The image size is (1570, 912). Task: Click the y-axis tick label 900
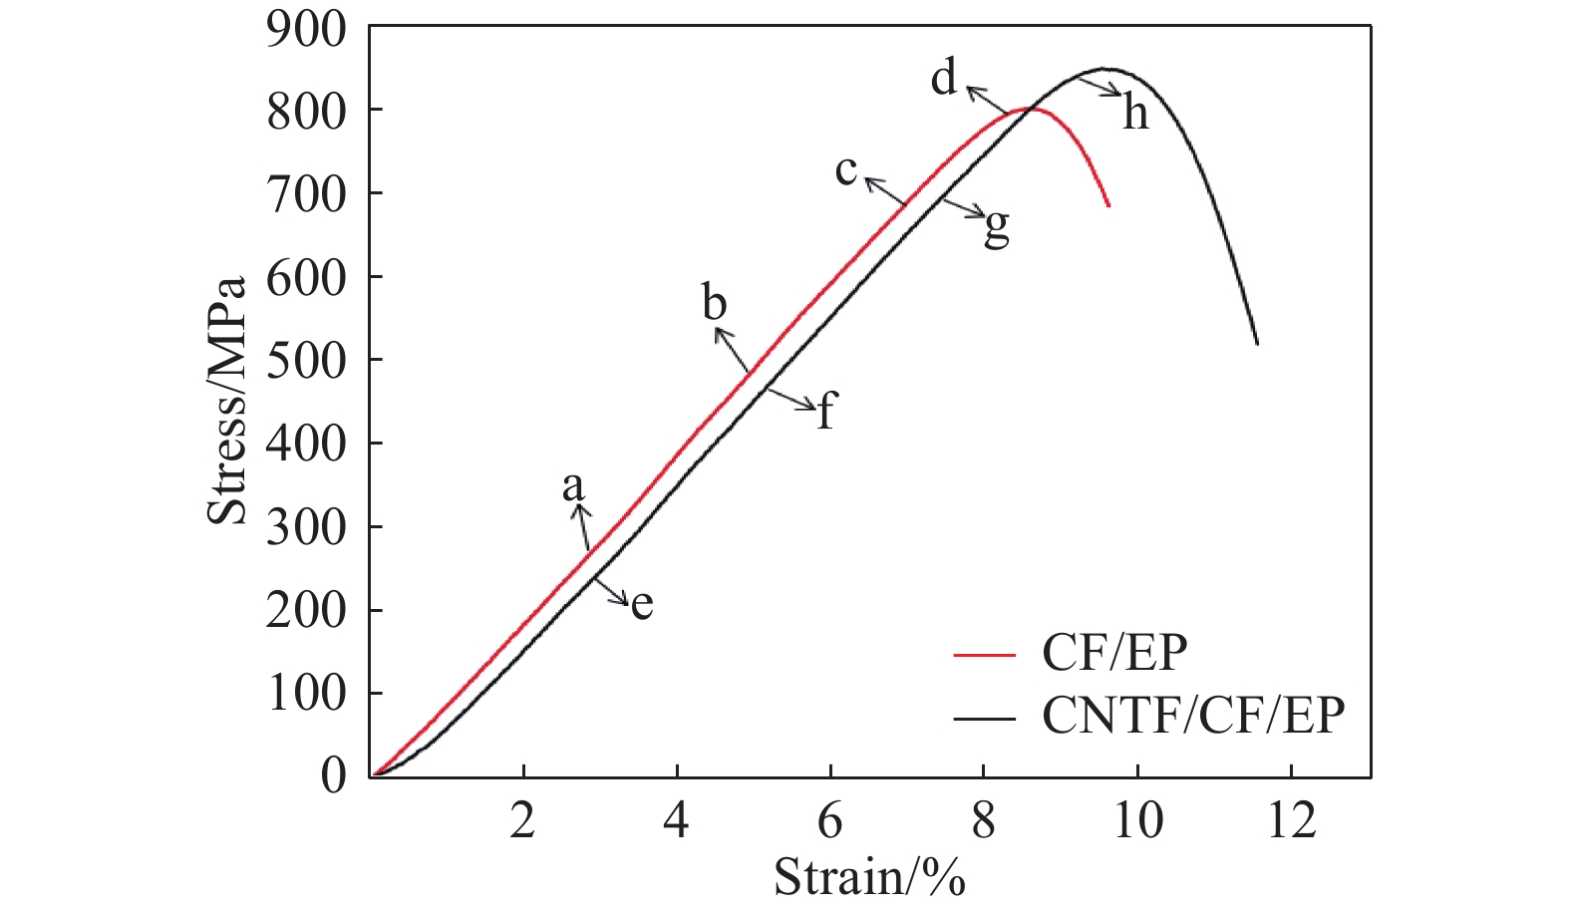pyautogui.click(x=306, y=30)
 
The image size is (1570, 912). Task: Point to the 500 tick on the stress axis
pyautogui.click(x=306, y=360)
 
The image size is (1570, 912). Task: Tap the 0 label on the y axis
pyautogui.click(x=334, y=775)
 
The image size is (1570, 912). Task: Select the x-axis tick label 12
pyautogui.click(x=1291, y=820)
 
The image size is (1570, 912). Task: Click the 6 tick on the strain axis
pyautogui.click(x=829, y=820)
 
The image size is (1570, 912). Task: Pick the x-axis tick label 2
pyautogui.click(x=522, y=820)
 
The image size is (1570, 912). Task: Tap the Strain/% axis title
pyautogui.click(x=869, y=877)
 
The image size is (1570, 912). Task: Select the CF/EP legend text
pyautogui.click(x=1114, y=653)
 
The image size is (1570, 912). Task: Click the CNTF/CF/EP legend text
pyautogui.click(x=1193, y=715)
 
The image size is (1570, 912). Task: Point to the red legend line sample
pyautogui.click(x=984, y=655)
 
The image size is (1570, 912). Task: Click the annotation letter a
pyautogui.click(x=572, y=486)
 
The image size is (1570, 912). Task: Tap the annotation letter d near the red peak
pyautogui.click(x=943, y=78)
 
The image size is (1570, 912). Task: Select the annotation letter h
pyautogui.click(x=1135, y=114)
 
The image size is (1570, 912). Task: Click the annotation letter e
pyautogui.click(x=642, y=604)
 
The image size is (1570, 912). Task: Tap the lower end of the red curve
pyautogui.click(x=1108, y=205)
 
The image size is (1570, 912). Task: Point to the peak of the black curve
pyautogui.click(x=1103, y=69)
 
